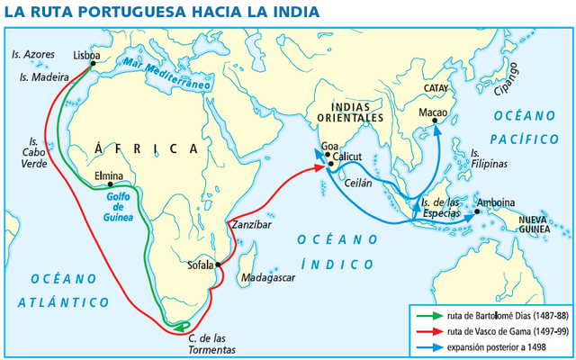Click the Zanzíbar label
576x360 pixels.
(251, 224)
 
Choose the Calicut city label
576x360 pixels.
(346, 157)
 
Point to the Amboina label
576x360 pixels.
(496, 202)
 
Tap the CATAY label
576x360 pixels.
(436, 88)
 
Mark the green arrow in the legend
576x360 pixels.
(427, 317)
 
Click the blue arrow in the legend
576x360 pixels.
(427, 347)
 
